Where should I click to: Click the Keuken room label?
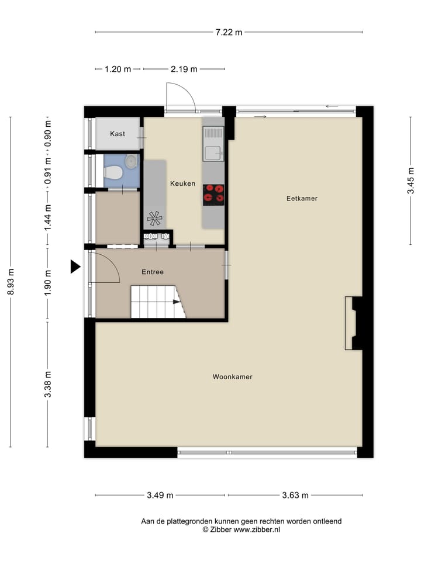coord(182,183)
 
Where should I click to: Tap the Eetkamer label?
coord(302,198)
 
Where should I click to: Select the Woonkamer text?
coord(232,377)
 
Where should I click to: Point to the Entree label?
coord(153,272)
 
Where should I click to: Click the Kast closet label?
coord(118,134)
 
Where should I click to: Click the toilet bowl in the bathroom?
coord(113,173)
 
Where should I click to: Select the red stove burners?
coord(213,193)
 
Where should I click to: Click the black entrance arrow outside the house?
coord(75,266)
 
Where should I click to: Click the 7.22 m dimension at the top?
coord(229,32)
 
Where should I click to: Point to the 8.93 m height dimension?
coord(10,282)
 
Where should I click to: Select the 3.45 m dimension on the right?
coord(411,181)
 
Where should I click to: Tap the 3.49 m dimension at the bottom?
coord(160,496)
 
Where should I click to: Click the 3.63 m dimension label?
coord(295,496)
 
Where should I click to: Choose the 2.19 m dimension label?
coord(183,69)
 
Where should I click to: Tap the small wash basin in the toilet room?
coord(131,161)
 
